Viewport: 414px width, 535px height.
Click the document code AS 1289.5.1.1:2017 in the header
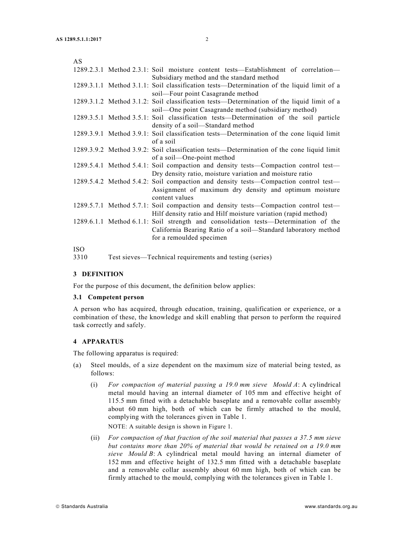click(x=78, y=40)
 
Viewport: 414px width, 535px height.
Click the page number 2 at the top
click(x=207, y=40)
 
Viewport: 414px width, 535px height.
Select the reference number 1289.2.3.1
click(x=88, y=70)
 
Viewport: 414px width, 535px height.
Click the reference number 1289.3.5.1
click(x=88, y=117)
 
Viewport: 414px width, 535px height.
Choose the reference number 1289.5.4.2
click(x=88, y=181)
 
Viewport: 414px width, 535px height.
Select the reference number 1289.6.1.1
click(x=88, y=221)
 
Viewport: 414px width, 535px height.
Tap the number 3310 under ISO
click(x=80, y=257)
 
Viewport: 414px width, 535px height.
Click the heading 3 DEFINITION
click(x=98, y=274)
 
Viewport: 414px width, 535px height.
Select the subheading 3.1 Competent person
click(x=109, y=298)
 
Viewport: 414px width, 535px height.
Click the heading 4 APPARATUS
click(x=98, y=341)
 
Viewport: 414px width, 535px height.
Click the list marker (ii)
click(x=95, y=438)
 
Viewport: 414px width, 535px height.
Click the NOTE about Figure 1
click(x=170, y=427)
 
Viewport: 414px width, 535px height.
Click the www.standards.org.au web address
click(x=331, y=506)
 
